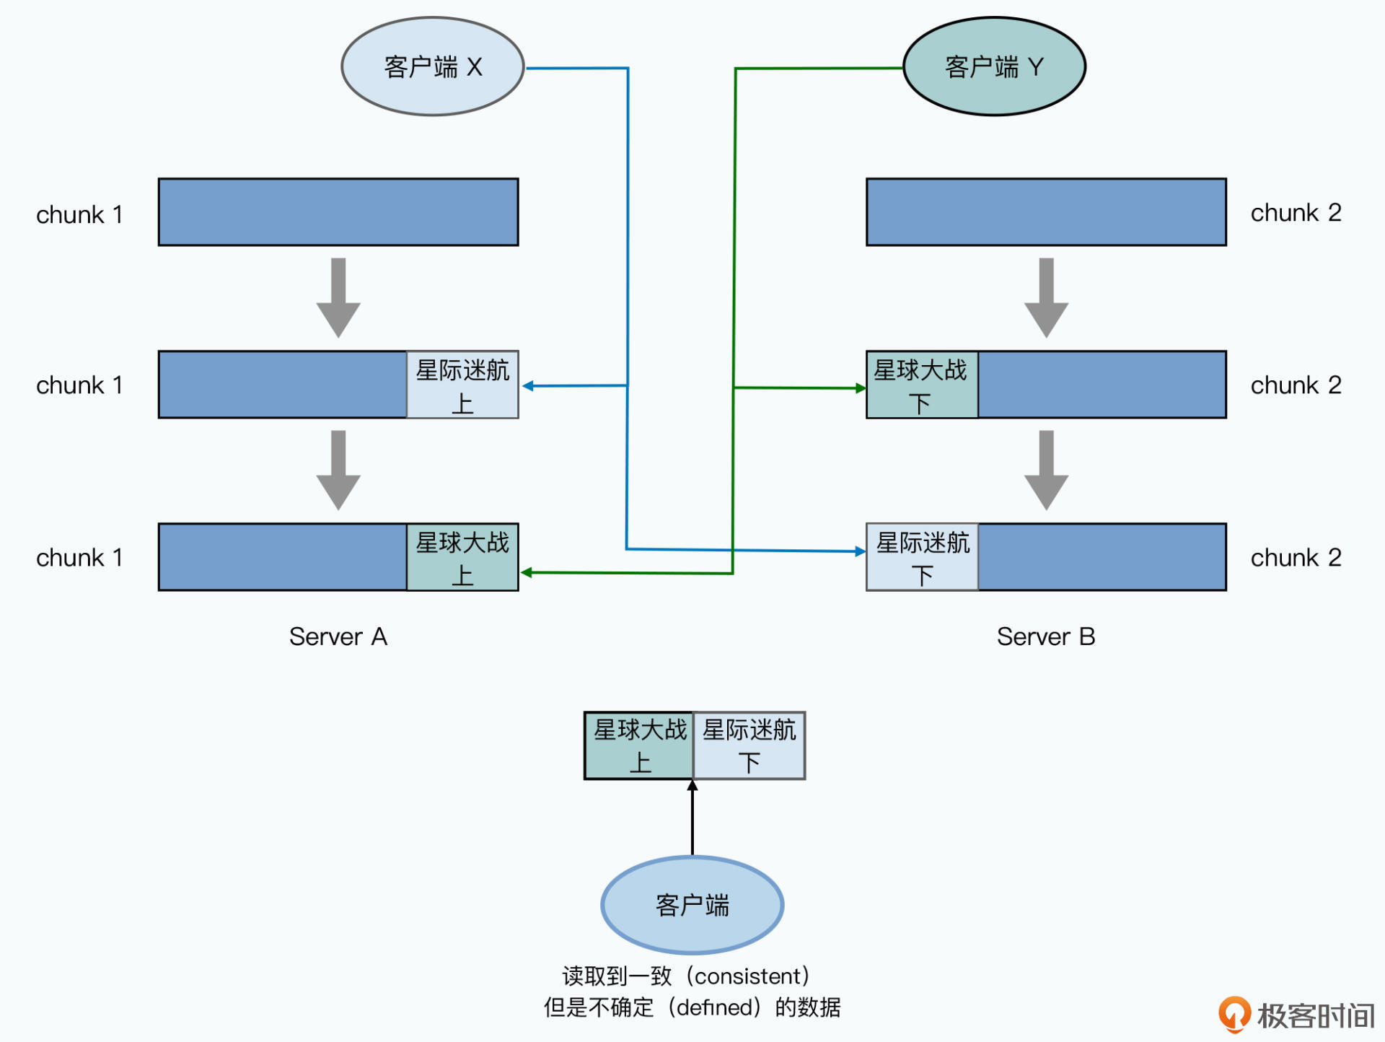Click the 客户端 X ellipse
click(432, 66)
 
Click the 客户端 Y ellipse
click(994, 66)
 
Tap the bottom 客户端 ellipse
click(692, 905)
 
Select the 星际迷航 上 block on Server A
click(462, 385)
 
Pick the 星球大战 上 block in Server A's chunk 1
click(462, 558)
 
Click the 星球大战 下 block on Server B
click(921, 385)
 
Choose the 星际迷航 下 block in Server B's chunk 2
click(922, 558)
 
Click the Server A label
click(338, 636)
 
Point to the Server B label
click(1045, 636)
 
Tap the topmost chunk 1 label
click(79, 214)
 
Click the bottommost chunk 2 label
click(1296, 558)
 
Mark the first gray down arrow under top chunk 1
click(338, 297)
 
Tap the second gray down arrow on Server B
click(1046, 470)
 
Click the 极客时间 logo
click(1296, 1015)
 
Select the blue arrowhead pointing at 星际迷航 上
click(528, 386)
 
